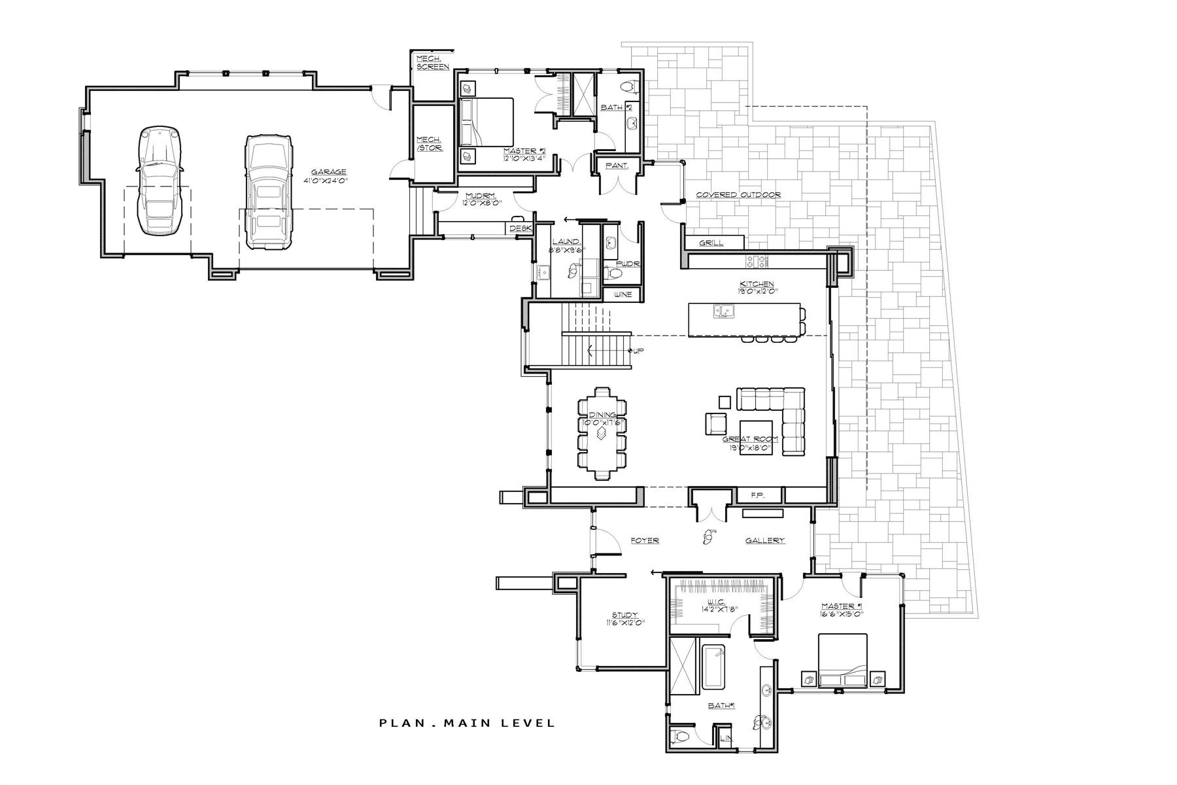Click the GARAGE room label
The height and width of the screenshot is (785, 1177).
point(328,172)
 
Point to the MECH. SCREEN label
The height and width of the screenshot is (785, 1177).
point(432,63)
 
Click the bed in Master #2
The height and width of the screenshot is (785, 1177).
point(486,122)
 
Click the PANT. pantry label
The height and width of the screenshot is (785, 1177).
point(616,166)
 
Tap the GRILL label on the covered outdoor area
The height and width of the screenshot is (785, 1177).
point(711,243)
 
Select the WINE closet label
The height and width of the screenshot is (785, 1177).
point(623,294)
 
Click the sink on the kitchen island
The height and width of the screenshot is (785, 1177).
point(723,313)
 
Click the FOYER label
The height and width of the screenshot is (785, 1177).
point(644,540)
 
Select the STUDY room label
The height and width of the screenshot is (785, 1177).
point(624,615)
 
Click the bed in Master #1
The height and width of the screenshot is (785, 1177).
point(844,661)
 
